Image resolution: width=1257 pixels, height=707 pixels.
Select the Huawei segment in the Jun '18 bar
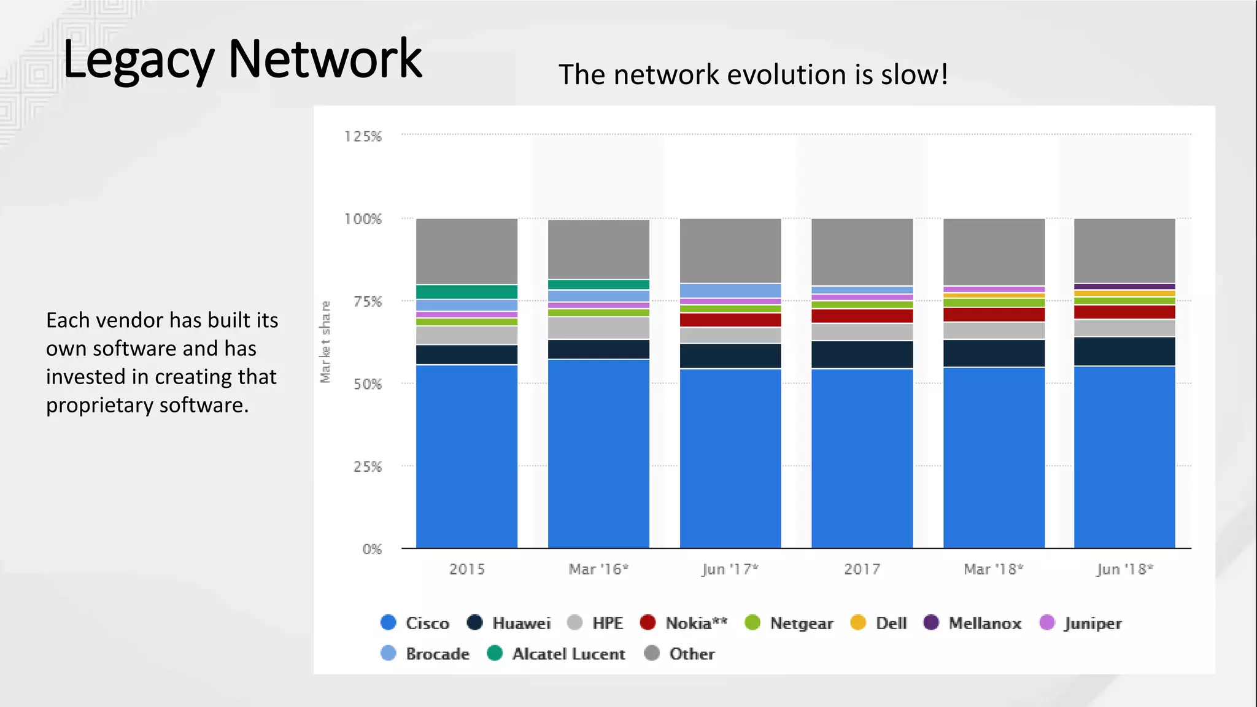pos(1124,351)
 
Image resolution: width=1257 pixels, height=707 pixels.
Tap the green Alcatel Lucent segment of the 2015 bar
pos(466,292)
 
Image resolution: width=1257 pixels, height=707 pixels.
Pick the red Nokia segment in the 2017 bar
pos(862,316)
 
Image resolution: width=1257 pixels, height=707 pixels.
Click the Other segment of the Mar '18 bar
pos(994,252)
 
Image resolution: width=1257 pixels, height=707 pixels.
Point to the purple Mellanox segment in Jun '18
pos(1124,286)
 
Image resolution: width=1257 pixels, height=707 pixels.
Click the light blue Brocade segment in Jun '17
pos(730,290)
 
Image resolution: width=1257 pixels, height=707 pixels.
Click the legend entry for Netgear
pos(801,623)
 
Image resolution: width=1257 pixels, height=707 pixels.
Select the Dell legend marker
pos(858,622)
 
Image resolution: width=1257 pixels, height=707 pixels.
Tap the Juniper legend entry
pos(1092,623)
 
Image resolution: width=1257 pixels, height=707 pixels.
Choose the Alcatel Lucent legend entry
pos(568,654)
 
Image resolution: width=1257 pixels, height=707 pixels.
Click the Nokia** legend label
pos(696,623)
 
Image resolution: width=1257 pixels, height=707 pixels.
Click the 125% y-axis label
pos(363,136)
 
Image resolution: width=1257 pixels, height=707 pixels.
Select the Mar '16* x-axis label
pos(598,569)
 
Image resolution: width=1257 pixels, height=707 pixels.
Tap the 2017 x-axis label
pos(862,569)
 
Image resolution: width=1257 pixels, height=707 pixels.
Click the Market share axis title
pos(325,342)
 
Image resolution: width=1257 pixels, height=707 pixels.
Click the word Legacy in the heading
pos(138,60)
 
